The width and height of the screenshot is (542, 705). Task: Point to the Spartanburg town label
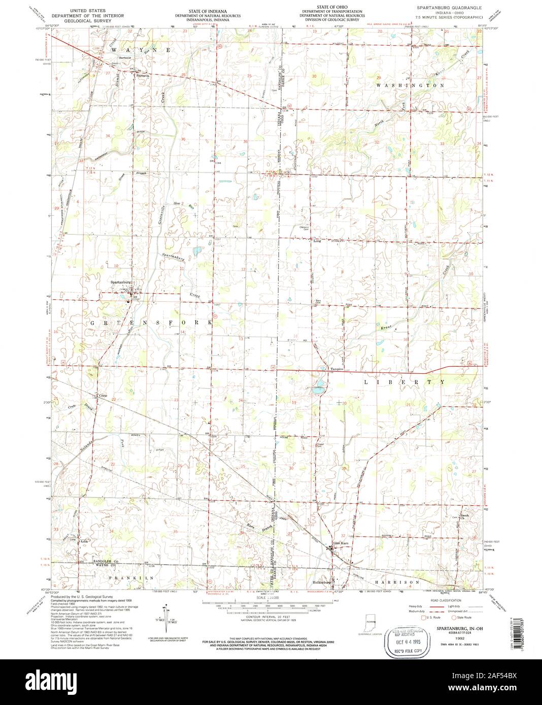(x=121, y=282)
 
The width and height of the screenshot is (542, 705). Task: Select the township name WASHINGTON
(x=411, y=86)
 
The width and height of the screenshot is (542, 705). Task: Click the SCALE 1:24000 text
(x=270, y=598)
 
